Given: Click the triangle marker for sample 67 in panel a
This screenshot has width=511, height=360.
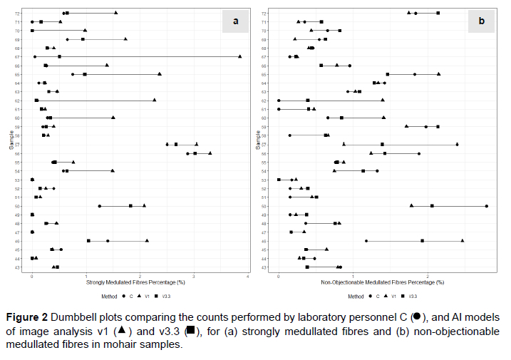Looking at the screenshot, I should (x=239, y=56).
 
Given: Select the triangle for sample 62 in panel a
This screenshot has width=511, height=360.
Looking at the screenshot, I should (x=154, y=101).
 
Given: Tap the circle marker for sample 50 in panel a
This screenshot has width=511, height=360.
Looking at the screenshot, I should (x=99, y=206).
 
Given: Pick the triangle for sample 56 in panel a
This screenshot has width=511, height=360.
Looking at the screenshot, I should (x=210, y=153).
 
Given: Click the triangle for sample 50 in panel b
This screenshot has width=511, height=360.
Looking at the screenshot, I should (x=411, y=206).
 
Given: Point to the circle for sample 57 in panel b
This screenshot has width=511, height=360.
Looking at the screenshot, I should (x=457, y=145).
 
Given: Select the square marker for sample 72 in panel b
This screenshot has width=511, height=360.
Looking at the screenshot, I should (x=438, y=13).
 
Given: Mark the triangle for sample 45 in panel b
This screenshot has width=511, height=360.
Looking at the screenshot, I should (x=463, y=241).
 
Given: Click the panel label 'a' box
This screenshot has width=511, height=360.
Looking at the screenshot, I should (x=236, y=21).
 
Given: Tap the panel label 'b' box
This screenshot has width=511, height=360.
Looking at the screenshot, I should (x=481, y=21).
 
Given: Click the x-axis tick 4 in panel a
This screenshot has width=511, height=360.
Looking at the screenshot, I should (x=248, y=276).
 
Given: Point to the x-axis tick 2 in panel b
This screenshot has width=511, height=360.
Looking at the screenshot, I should (x=428, y=276).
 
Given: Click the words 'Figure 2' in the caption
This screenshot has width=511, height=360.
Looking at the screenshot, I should (x=31, y=317).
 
